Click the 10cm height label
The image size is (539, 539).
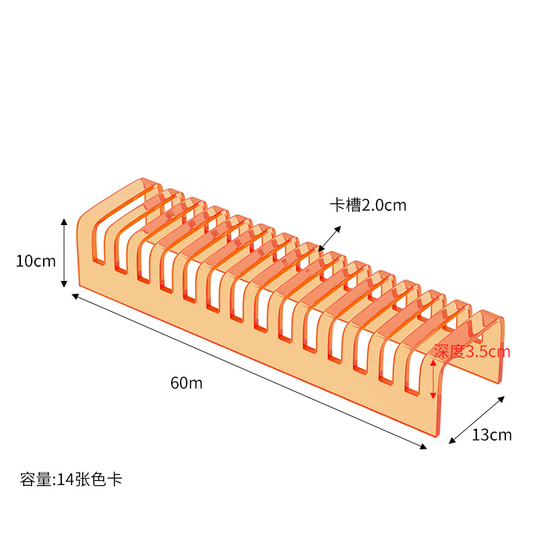pyautogui.click(x=36, y=261)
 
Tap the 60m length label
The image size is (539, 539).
pyautogui.click(x=187, y=383)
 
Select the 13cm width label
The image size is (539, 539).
pyautogui.click(x=491, y=435)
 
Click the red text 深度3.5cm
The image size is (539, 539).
pyautogui.click(x=472, y=351)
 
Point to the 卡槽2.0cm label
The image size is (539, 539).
pyautogui.click(x=368, y=205)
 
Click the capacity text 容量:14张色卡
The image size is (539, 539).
pyautogui.click(x=71, y=480)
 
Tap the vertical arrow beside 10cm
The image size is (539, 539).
pyautogui.click(x=64, y=253)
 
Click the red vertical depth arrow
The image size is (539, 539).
pyautogui.click(x=433, y=379)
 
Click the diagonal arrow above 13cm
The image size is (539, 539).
pyautogui.click(x=477, y=420)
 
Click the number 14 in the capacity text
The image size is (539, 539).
pyautogui.click(x=65, y=480)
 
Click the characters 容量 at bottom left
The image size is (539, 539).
pyautogui.click(x=34, y=480)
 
